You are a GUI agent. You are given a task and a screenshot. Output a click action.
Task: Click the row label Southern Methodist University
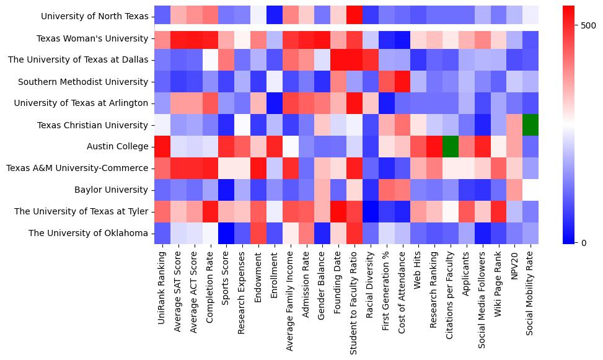tap(83, 82)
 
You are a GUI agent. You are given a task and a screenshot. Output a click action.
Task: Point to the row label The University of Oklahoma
tap(89, 234)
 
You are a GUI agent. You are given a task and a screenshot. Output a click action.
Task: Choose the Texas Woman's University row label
tap(92, 38)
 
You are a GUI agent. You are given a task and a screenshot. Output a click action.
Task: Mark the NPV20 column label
tap(514, 266)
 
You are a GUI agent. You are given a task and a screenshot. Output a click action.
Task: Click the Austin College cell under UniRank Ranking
tap(162, 147)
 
